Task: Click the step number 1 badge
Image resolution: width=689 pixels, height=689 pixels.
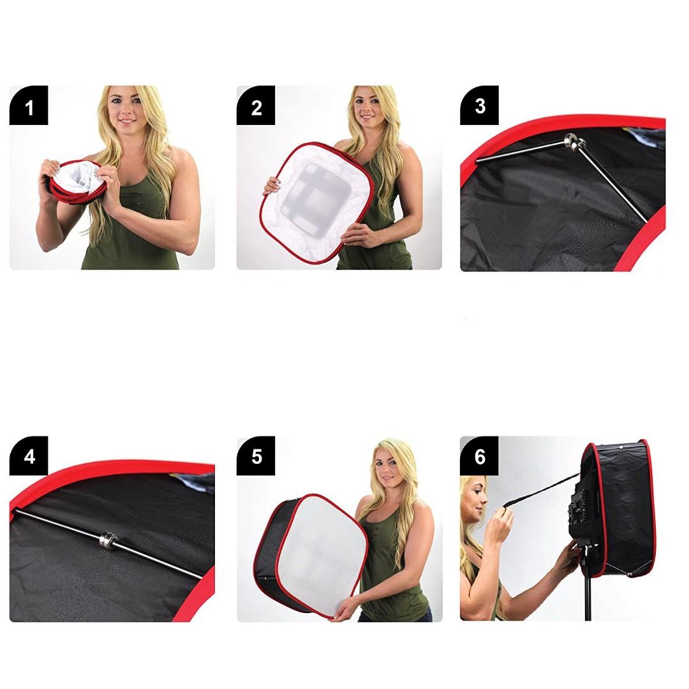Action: (29, 105)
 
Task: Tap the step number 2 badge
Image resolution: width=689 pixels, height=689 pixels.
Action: (256, 105)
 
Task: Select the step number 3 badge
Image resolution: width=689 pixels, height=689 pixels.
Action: (480, 105)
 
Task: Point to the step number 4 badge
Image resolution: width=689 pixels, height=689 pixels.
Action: (29, 456)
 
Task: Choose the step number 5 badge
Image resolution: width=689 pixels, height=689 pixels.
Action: (256, 456)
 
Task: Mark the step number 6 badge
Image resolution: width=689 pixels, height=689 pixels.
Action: (480, 456)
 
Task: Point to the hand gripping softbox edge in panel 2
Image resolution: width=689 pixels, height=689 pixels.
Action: (273, 186)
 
